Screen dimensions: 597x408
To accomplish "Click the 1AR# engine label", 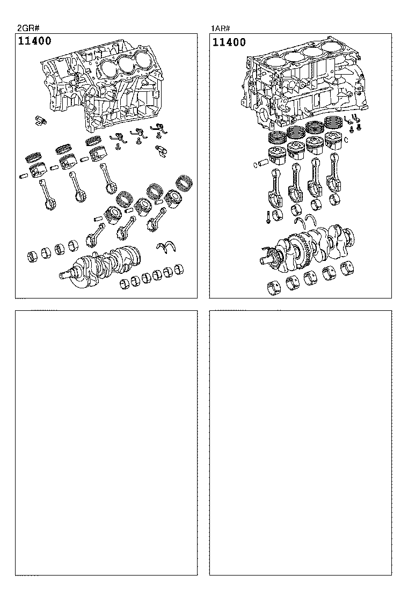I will pos(220,28).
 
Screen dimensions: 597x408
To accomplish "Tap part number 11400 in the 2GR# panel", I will pos(35,41).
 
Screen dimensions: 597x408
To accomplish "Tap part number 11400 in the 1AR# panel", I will pos(230,42).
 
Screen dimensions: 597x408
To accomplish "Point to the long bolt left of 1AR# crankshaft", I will pos(267,217).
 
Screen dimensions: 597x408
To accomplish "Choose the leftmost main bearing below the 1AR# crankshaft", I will pos(274,288).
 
